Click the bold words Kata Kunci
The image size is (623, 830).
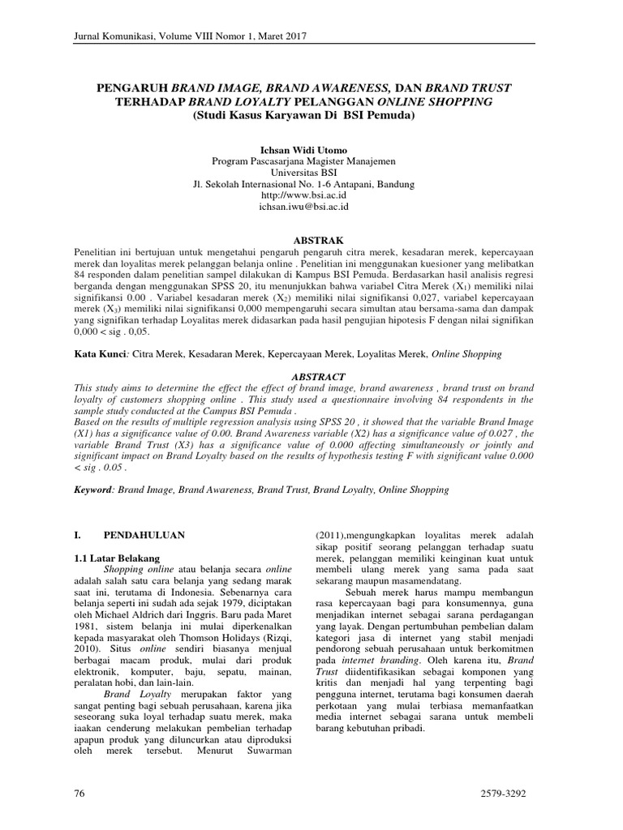pos(101,354)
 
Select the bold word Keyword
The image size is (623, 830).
pos(96,490)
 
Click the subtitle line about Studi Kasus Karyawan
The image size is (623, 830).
pos(304,115)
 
